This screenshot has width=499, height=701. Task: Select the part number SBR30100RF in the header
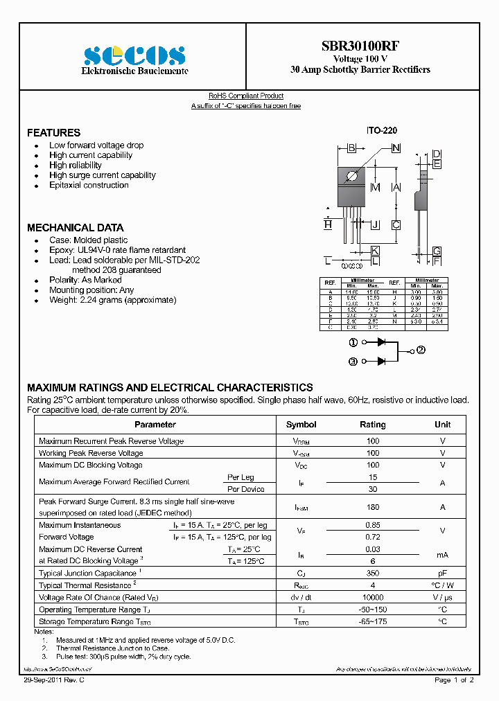(x=360, y=46)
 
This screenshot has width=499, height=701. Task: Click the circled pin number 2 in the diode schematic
(x=421, y=350)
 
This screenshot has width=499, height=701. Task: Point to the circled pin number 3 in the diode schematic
(x=353, y=361)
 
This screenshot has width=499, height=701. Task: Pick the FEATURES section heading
(x=53, y=132)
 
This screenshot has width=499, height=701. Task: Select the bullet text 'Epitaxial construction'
(x=89, y=186)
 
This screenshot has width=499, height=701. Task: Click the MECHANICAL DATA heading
(x=75, y=228)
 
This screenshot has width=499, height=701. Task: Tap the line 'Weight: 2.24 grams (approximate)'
(x=112, y=300)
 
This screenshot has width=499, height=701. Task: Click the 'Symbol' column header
(x=301, y=425)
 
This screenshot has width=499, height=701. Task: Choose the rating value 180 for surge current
(x=373, y=507)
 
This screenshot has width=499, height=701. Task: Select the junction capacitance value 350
(x=373, y=574)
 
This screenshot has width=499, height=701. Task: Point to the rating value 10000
(x=373, y=597)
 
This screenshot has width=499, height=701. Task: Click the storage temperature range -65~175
(x=373, y=621)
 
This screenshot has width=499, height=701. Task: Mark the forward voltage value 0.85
(x=373, y=525)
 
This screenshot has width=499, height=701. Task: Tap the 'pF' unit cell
(x=442, y=574)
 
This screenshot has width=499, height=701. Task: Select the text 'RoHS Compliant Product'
(x=246, y=96)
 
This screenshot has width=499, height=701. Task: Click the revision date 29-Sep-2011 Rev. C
(x=55, y=680)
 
